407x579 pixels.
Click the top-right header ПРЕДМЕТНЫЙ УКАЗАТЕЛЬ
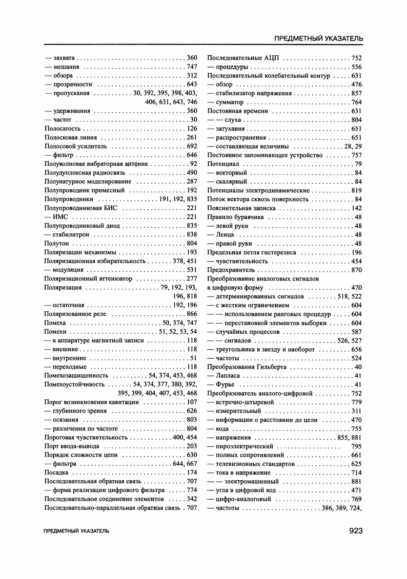319,38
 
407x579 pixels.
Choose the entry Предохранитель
231,270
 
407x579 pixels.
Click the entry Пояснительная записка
241,208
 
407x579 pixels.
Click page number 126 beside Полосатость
192,128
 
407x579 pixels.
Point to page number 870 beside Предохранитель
357,270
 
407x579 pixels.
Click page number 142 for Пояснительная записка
357,208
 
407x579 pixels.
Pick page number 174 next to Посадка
192,472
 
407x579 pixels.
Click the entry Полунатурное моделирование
85,181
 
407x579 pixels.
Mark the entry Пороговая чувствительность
86,437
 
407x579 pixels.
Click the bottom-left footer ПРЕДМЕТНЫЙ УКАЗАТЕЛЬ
77,531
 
